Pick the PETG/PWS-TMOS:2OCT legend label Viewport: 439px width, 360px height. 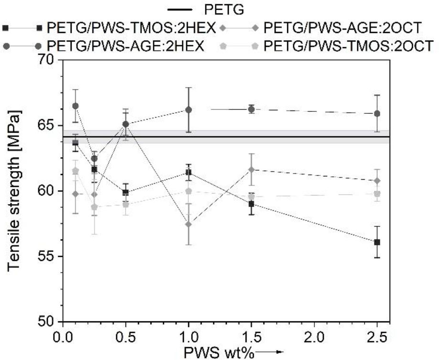(349, 46)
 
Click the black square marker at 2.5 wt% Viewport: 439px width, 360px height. (377, 242)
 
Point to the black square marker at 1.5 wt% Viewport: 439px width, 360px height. (251, 204)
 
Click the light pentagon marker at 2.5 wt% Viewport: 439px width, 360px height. (377, 194)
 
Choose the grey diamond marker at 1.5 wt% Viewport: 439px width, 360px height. (251, 170)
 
